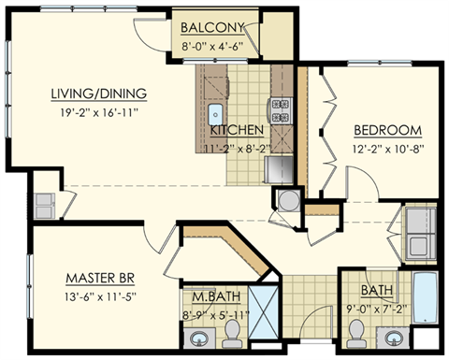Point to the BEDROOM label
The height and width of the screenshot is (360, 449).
pyautogui.click(x=385, y=130)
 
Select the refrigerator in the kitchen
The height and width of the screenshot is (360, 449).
pyautogui.click(x=279, y=168)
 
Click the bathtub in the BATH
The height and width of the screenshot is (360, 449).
pyautogui.click(x=427, y=305)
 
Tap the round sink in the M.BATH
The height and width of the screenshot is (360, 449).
pyautogui.click(x=199, y=338)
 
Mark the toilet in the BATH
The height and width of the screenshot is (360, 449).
pyautogui.click(x=357, y=330)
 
